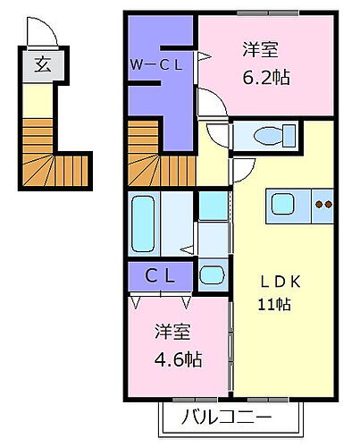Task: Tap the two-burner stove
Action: [322, 205]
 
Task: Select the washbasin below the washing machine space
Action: [213, 274]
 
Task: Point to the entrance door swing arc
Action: [46, 34]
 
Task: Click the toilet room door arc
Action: [216, 134]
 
